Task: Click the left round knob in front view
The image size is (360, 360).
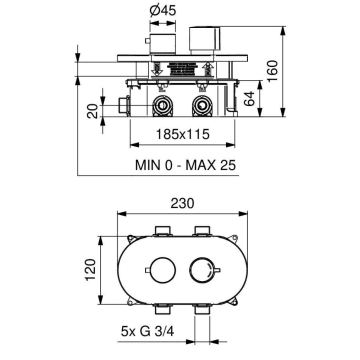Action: (x=155, y=270)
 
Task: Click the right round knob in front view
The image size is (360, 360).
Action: (x=205, y=270)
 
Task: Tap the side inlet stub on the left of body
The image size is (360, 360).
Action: (x=121, y=103)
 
